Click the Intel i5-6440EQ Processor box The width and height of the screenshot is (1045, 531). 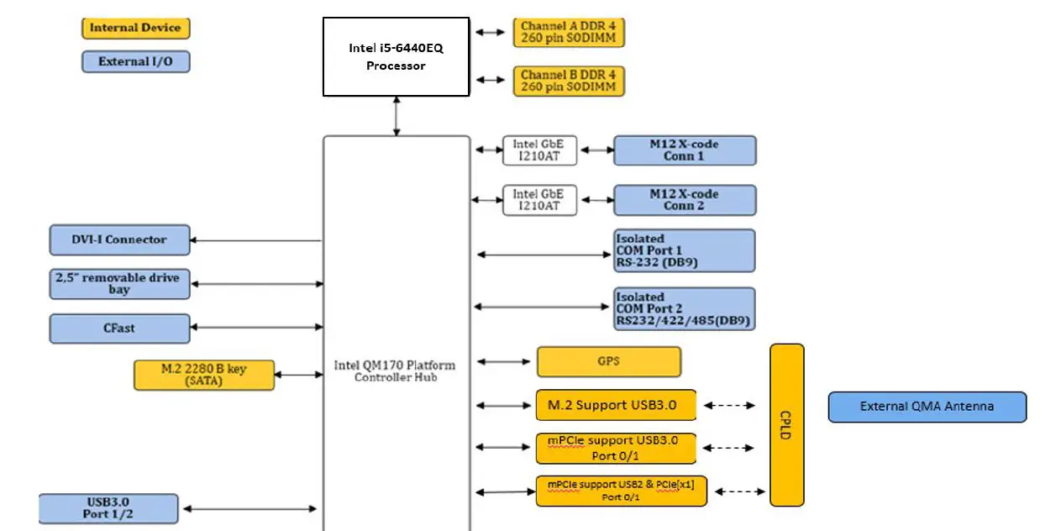click(396, 56)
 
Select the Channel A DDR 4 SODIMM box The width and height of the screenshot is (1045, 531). click(569, 33)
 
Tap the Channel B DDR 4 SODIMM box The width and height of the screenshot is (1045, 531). click(569, 81)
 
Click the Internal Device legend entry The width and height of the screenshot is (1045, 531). click(135, 28)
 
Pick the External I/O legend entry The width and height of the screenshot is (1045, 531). click(135, 61)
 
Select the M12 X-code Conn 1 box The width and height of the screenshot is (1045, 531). click(684, 150)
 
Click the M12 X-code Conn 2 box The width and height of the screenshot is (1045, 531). click(684, 200)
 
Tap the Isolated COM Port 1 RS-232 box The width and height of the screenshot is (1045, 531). click(684, 250)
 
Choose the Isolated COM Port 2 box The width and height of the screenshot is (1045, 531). click(684, 309)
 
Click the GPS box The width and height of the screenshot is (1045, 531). click(608, 362)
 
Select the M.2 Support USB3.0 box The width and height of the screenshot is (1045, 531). click(617, 405)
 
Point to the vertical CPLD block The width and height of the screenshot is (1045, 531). click(786, 425)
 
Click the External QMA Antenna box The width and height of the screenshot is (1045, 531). click(927, 407)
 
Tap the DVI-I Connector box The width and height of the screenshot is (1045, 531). click(119, 239)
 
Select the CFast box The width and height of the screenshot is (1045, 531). click(119, 329)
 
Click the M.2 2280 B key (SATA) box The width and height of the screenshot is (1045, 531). click(204, 375)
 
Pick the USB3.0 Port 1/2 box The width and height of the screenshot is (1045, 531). click(108, 508)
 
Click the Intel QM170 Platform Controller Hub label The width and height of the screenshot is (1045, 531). click(395, 371)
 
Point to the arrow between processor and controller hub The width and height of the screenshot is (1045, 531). click(396, 116)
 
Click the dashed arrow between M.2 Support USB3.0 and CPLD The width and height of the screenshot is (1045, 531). click(730, 405)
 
